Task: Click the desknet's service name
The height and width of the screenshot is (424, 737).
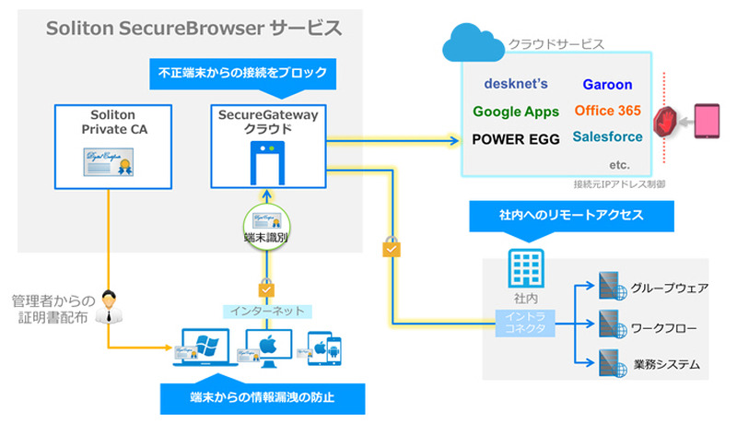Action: point(516,84)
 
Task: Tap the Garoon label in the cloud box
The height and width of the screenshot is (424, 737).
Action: point(607,85)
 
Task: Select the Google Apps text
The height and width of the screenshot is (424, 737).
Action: point(516,112)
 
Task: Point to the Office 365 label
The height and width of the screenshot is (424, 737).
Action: point(607,111)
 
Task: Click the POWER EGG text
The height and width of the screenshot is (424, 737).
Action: point(516,139)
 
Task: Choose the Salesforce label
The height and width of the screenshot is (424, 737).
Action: point(607,136)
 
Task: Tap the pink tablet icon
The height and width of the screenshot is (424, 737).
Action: point(708,123)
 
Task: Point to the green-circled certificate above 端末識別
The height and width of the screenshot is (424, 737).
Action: point(266,224)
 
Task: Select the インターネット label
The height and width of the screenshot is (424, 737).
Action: point(266,311)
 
